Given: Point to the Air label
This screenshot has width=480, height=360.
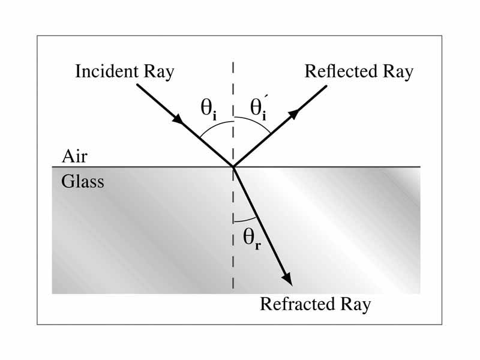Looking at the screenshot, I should point(74,158).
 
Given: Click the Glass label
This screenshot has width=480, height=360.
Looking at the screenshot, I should point(82,181).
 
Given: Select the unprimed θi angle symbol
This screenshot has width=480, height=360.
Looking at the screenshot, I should point(209,110).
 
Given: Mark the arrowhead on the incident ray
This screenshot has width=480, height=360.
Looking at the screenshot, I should point(178,119).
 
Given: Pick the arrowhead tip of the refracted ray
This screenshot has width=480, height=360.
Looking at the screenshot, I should point(290,283).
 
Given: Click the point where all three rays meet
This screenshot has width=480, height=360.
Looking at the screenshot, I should point(232,167).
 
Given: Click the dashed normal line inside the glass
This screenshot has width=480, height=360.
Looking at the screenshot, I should point(232,264).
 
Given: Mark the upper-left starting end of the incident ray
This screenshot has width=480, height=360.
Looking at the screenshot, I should point(138,85).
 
